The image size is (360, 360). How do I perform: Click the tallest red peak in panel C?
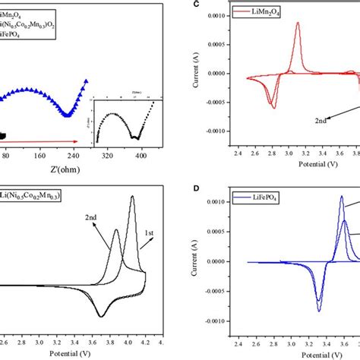click(x=298, y=24)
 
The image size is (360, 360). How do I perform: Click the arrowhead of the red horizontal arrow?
click(x=76, y=141)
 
